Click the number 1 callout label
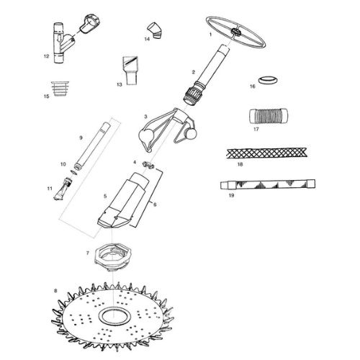tap(210, 35)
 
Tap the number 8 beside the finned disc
tap(55, 291)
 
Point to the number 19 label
tap(230, 194)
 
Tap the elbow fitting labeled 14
tap(154, 29)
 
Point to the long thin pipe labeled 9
tap(92, 148)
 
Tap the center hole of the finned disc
tap(113, 315)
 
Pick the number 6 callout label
tap(154, 204)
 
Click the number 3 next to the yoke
tap(146, 117)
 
